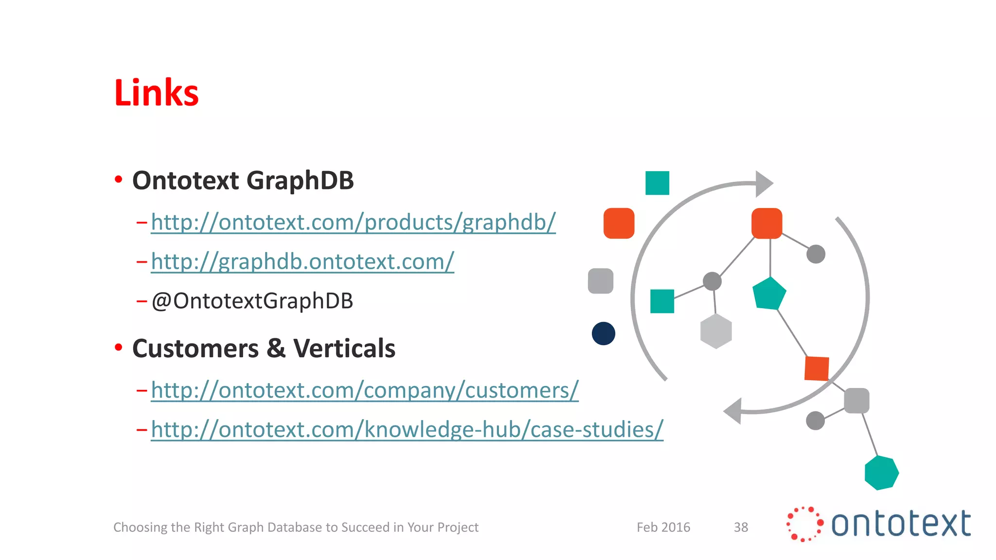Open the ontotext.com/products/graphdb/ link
click(x=353, y=222)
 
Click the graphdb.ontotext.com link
click(x=302, y=262)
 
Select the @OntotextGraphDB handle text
click(x=252, y=301)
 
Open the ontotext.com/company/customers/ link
click(x=365, y=390)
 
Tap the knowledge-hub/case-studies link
click(x=407, y=430)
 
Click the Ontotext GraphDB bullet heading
click(x=243, y=180)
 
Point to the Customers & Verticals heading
click(x=264, y=349)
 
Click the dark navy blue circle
click(x=604, y=333)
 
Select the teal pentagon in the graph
click(x=769, y=294)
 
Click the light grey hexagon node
click(x=716, y=331)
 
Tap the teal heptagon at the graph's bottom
click(x=881, y=472)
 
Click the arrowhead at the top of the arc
click(x=763, y=184)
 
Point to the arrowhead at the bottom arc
click(x=733, y=411)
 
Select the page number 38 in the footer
click(x=741, y=527)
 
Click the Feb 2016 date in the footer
click(x=663, y=527)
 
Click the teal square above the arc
click(x=657, y=183)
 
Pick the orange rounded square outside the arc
click(x=619, y=223)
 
